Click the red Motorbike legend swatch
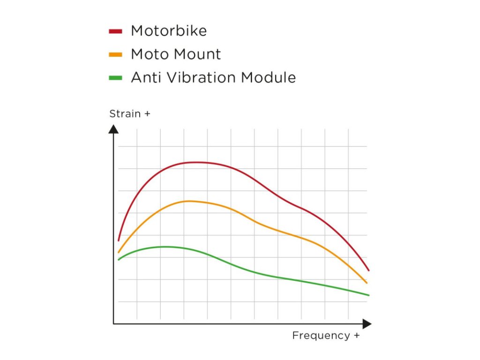(115, 31)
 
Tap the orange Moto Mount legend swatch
(115, 54)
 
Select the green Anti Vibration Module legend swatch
(115, 77)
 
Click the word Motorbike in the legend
(169, 31)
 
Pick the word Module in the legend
(269, 77)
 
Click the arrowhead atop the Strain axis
(113, 128)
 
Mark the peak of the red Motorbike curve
(196, 162)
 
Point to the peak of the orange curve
(189, 201)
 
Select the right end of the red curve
(369, 270)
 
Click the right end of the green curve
(369, 295)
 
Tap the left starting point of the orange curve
(119, 252)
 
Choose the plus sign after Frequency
(357, 336)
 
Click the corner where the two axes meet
(113, 323)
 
